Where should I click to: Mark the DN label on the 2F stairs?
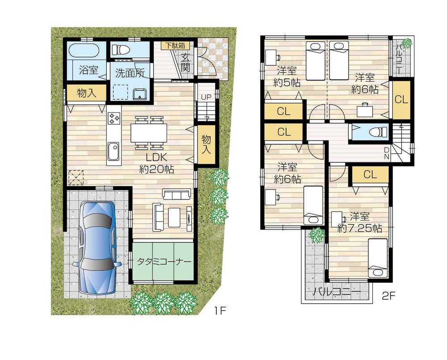tap(387, 153)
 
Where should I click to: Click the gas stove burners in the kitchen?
tap(114, 118)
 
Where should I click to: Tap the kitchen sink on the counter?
tap(114, 148)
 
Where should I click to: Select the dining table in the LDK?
tap(148, 132)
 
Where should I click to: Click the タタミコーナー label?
tap(164, 262)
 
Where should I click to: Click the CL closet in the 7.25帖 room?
tap(370, 175)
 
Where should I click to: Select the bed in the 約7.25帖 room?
tap(378, 258)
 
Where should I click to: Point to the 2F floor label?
tap(388, 296)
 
